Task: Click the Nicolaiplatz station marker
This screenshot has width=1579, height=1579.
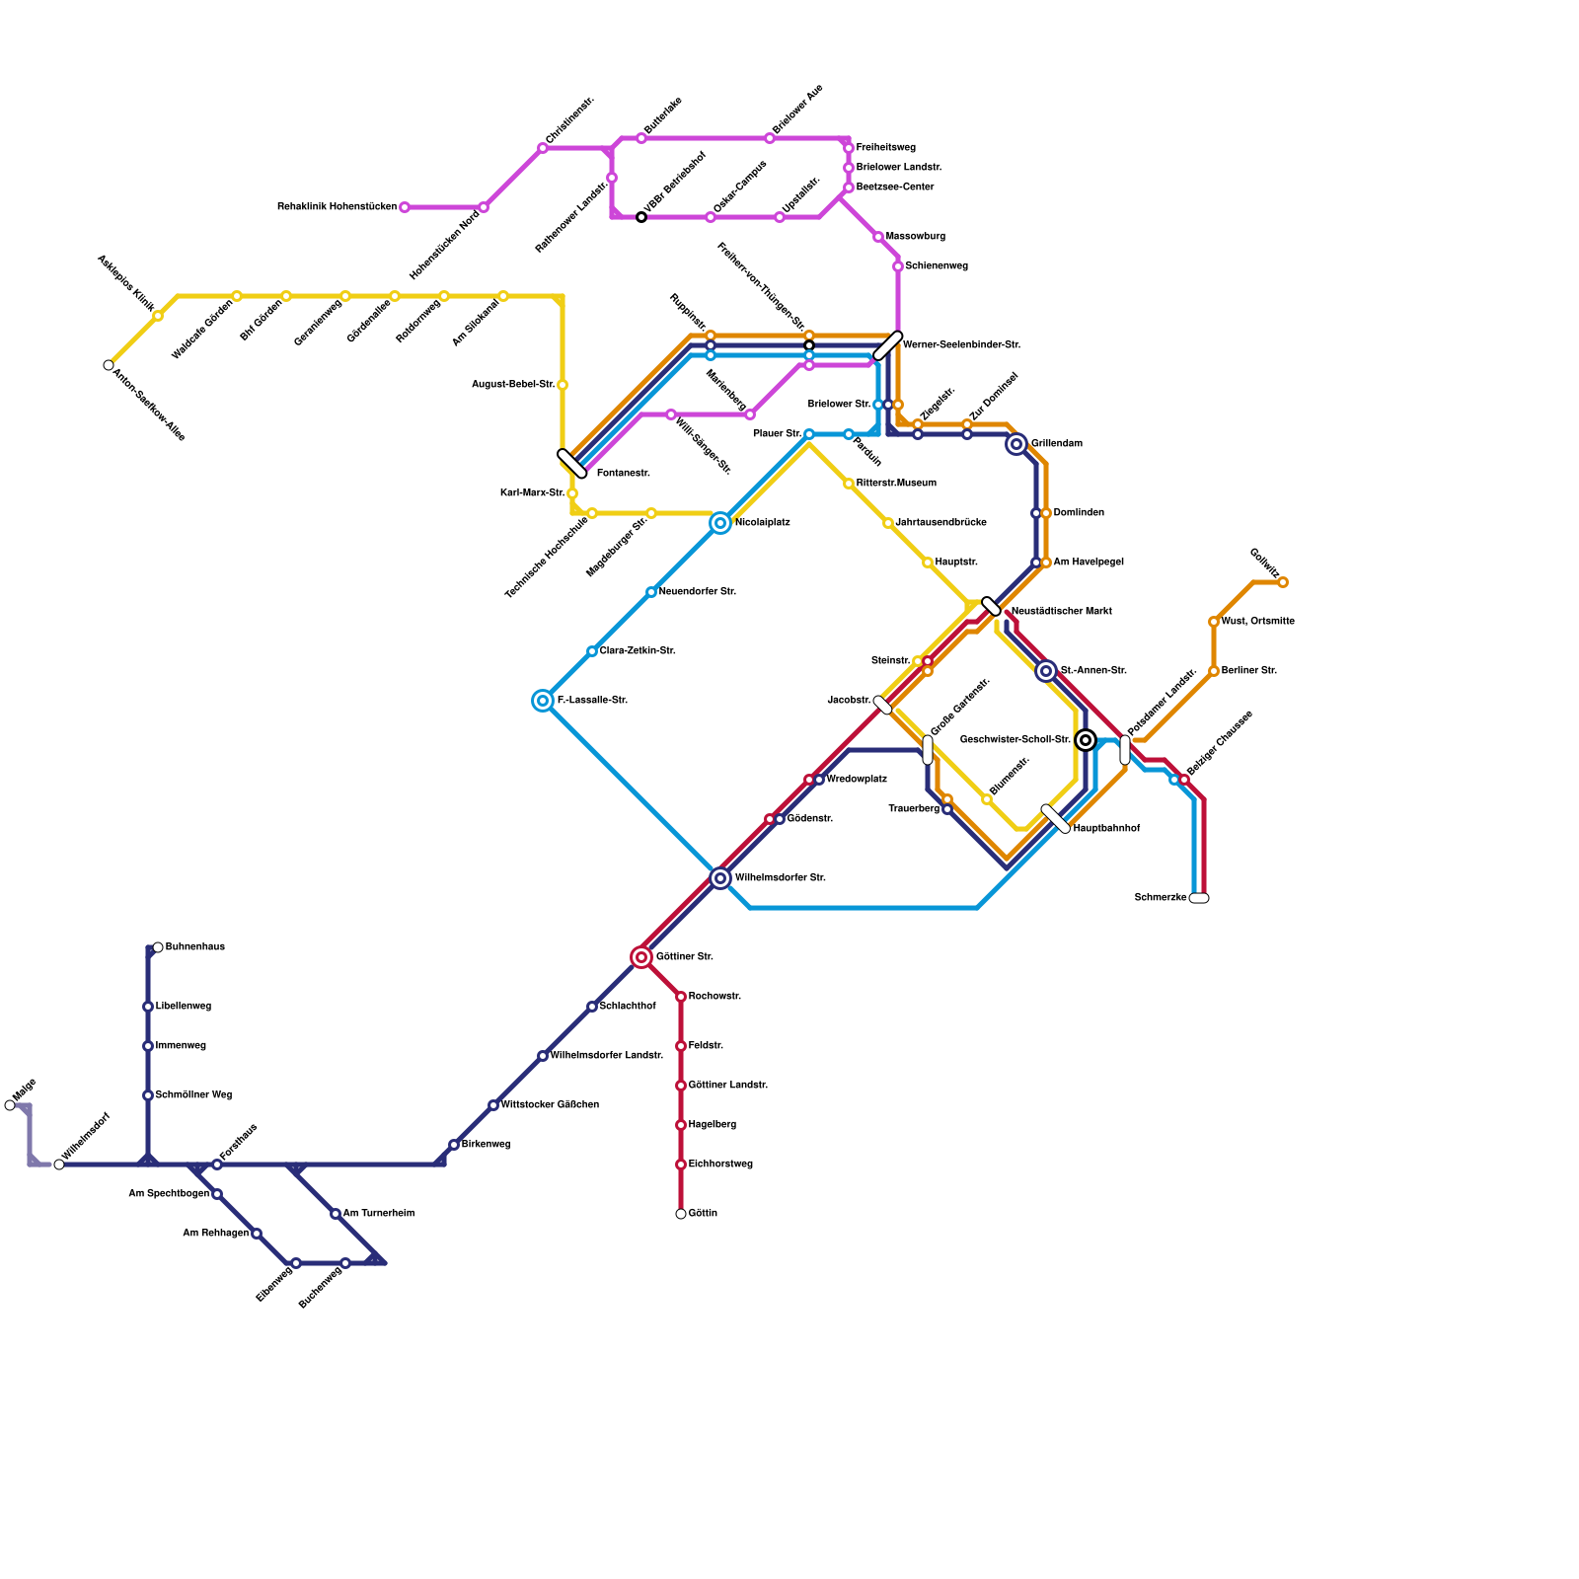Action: coord(720,523)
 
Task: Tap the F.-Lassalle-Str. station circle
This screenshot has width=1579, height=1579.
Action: coord(543,701)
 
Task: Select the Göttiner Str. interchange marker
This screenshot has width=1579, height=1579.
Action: coord(641,957)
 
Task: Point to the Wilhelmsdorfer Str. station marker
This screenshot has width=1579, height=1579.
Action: coord(720,878)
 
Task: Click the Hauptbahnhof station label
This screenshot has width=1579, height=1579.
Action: coord(1106,829)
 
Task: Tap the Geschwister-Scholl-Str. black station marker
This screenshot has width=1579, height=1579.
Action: coord(1086,740)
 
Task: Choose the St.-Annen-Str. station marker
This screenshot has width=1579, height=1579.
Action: coord(1046,671)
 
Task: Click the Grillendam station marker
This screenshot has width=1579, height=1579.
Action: coord(1016,444)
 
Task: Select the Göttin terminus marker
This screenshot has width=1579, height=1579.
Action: coord(681,1214)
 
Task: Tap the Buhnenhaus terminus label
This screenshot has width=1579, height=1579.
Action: coord(195,947)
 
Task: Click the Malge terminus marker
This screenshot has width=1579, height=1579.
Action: coord(10,1105)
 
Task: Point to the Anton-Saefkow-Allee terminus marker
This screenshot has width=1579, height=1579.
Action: coord(109,365)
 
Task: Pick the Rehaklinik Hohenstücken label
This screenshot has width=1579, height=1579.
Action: coord(337,207)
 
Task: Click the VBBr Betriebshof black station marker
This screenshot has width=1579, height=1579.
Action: coord(641,217)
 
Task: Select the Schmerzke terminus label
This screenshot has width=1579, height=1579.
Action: coord(1161,898)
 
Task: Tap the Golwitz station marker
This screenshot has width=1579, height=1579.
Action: coord(1283,582)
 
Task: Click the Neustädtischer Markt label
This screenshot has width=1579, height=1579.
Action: coord(1062,612)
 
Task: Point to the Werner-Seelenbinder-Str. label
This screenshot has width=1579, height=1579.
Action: coord(961,345)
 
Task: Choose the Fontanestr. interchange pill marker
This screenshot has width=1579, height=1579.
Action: coord(572,464)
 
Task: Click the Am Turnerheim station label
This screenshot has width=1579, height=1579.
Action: coord(378,1214)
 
